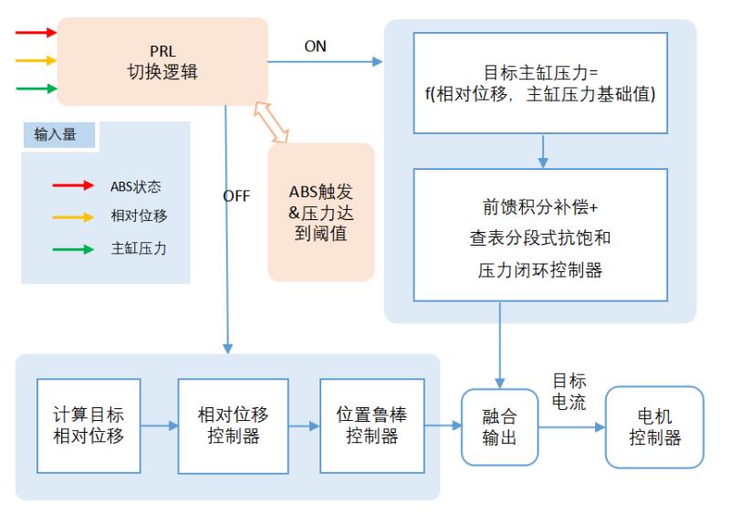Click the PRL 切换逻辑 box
(x=163, y=61)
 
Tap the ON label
(x=315, y=47)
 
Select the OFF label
(x=235, y=194)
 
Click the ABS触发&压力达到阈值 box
(x=320, y=211)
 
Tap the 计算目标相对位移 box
(x=88, y=424)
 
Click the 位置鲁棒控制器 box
(x=371, y=425)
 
